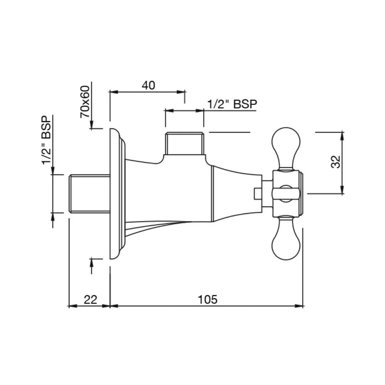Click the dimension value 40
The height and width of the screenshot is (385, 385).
pyautogui.click(x=148, y=86)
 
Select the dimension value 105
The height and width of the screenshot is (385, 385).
pyautogui.click(x=207, y=299)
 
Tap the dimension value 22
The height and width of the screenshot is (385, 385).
pyautogui.click(x=90, y=299)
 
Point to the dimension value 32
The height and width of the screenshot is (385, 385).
pyautogui.click(x=336, y=162)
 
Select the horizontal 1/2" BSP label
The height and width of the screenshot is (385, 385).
pyautogui.click(x=232, y=104)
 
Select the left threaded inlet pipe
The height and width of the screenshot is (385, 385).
pyautogui.click(x=89, y=194)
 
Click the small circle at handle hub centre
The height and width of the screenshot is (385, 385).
pyautogui.click(x=285, y=193)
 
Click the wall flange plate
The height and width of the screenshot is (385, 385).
pyautogui.click(x=115, y=194)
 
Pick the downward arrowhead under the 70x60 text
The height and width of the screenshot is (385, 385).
pyautogui.click(x=92, y=125)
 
